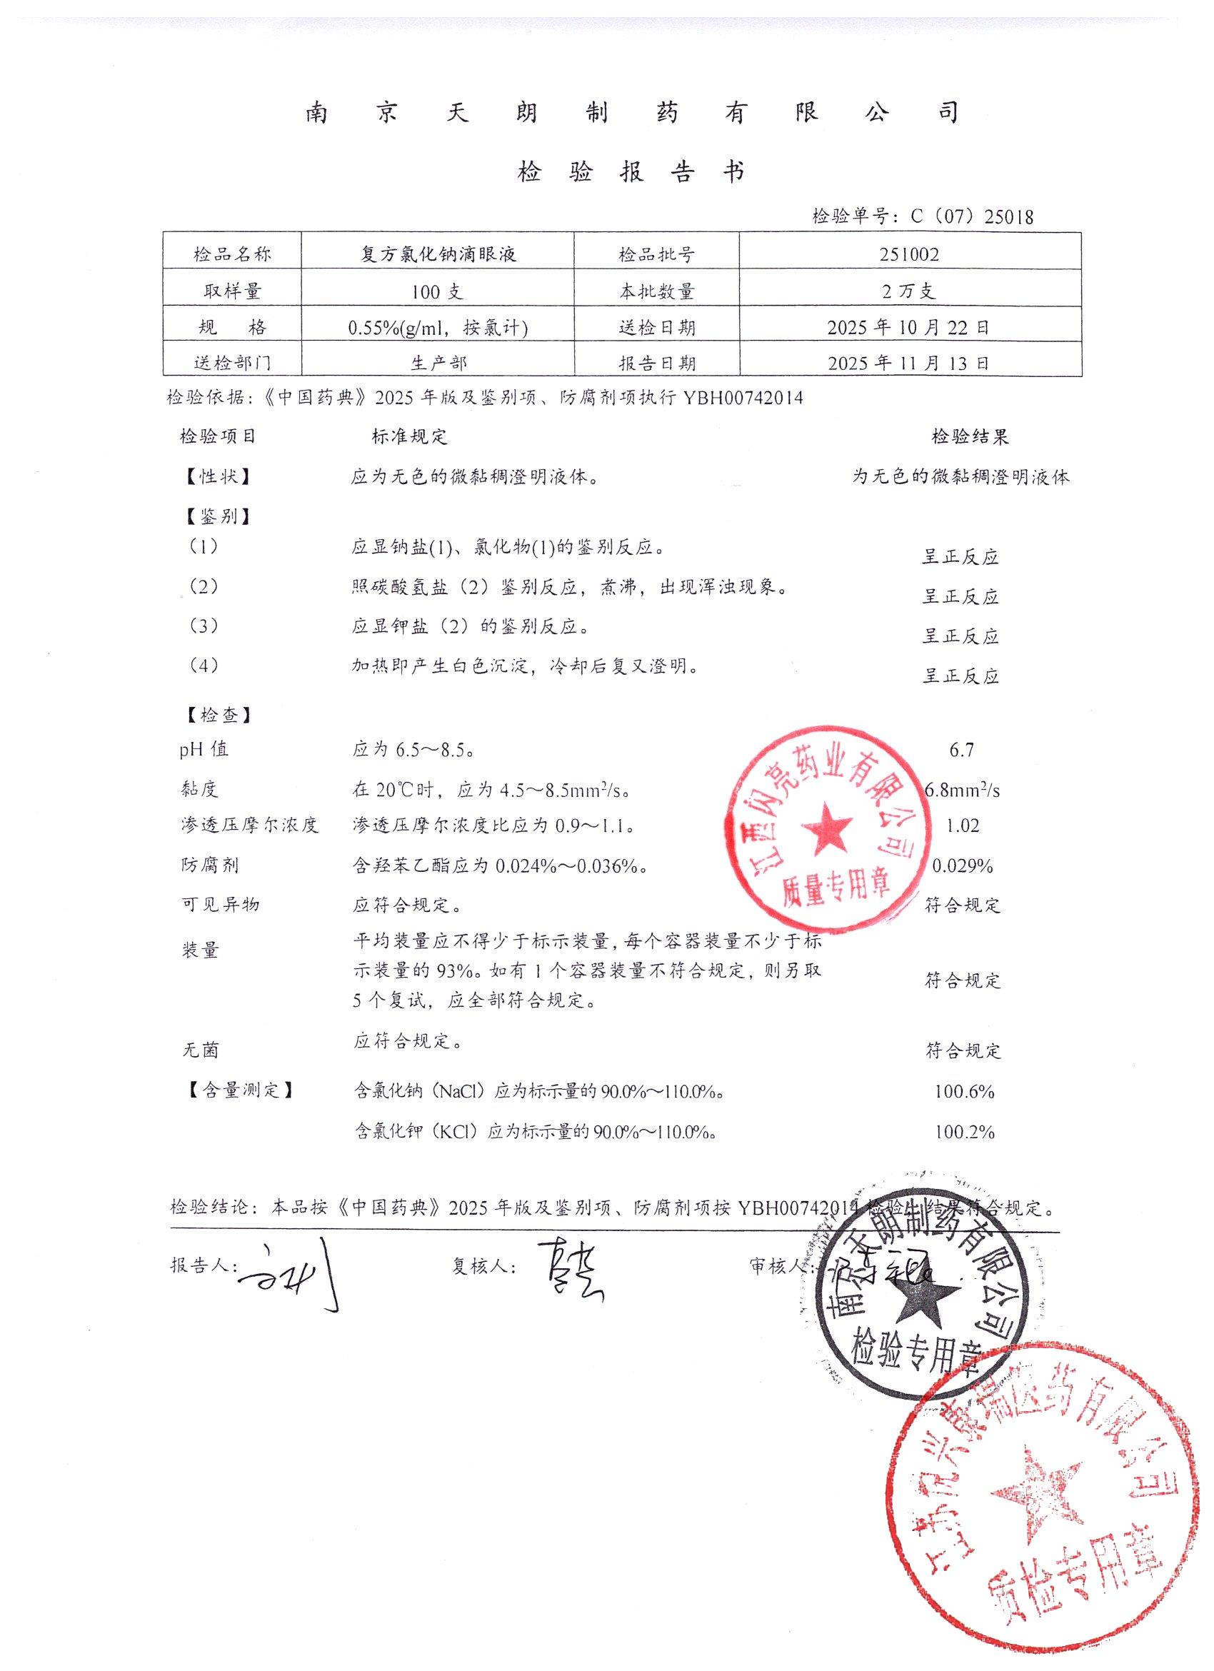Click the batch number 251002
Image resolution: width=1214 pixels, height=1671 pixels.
coord(909,255)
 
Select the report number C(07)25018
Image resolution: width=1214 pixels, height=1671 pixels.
coord(972,216)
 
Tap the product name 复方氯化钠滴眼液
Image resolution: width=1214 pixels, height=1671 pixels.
coord(438,255)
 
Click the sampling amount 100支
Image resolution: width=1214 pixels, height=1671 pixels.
coord(438,292)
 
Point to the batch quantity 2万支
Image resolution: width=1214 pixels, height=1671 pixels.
coord(909,292)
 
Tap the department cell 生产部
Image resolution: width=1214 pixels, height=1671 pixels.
coord(438,363)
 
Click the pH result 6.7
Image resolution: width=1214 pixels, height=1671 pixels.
coord(962,750)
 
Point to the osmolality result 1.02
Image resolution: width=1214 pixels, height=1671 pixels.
coord(962,826)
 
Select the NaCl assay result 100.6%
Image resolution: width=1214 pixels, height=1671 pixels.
coord(964,1091)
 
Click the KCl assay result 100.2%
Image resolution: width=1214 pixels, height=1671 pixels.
coord(964,1132)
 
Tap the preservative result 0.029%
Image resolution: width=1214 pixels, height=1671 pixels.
coord(963,866)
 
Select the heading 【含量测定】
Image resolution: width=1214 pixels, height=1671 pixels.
coord(241,1090)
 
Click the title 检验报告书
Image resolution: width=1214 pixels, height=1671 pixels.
coord(631,172)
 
